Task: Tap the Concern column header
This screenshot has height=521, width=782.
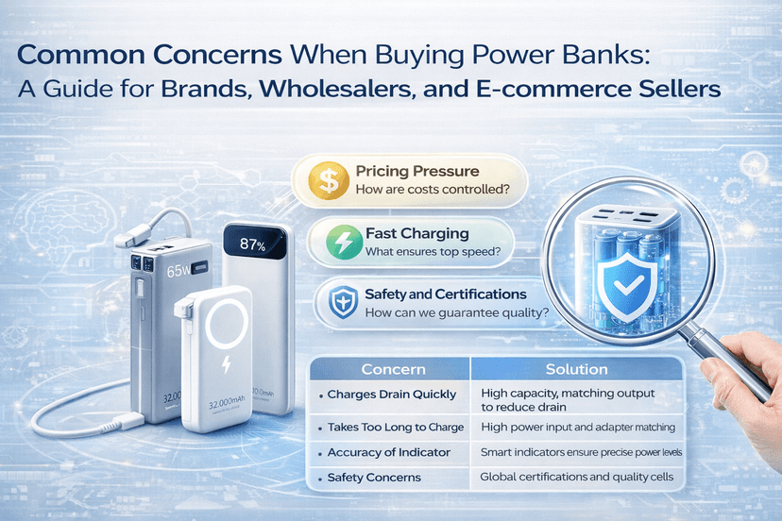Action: click(x=394, y=369)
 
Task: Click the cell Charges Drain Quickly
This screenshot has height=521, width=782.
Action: click(x=391, y=395)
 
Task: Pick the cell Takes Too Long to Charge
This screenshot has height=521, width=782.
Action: click(x=395, y=428)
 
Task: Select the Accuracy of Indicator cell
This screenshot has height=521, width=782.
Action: click(x=389, y=453)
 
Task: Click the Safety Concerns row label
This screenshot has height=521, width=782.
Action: click(x=374, y=478)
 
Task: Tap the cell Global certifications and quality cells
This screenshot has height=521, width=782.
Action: click(x=576, y=478)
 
